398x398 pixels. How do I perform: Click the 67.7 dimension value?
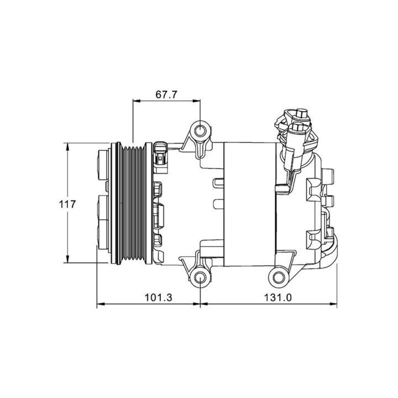click(x=166, y=95)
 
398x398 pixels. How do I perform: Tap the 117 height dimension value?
click(x=67, y=203)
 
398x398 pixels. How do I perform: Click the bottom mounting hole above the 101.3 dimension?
click(x=201, y=277)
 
